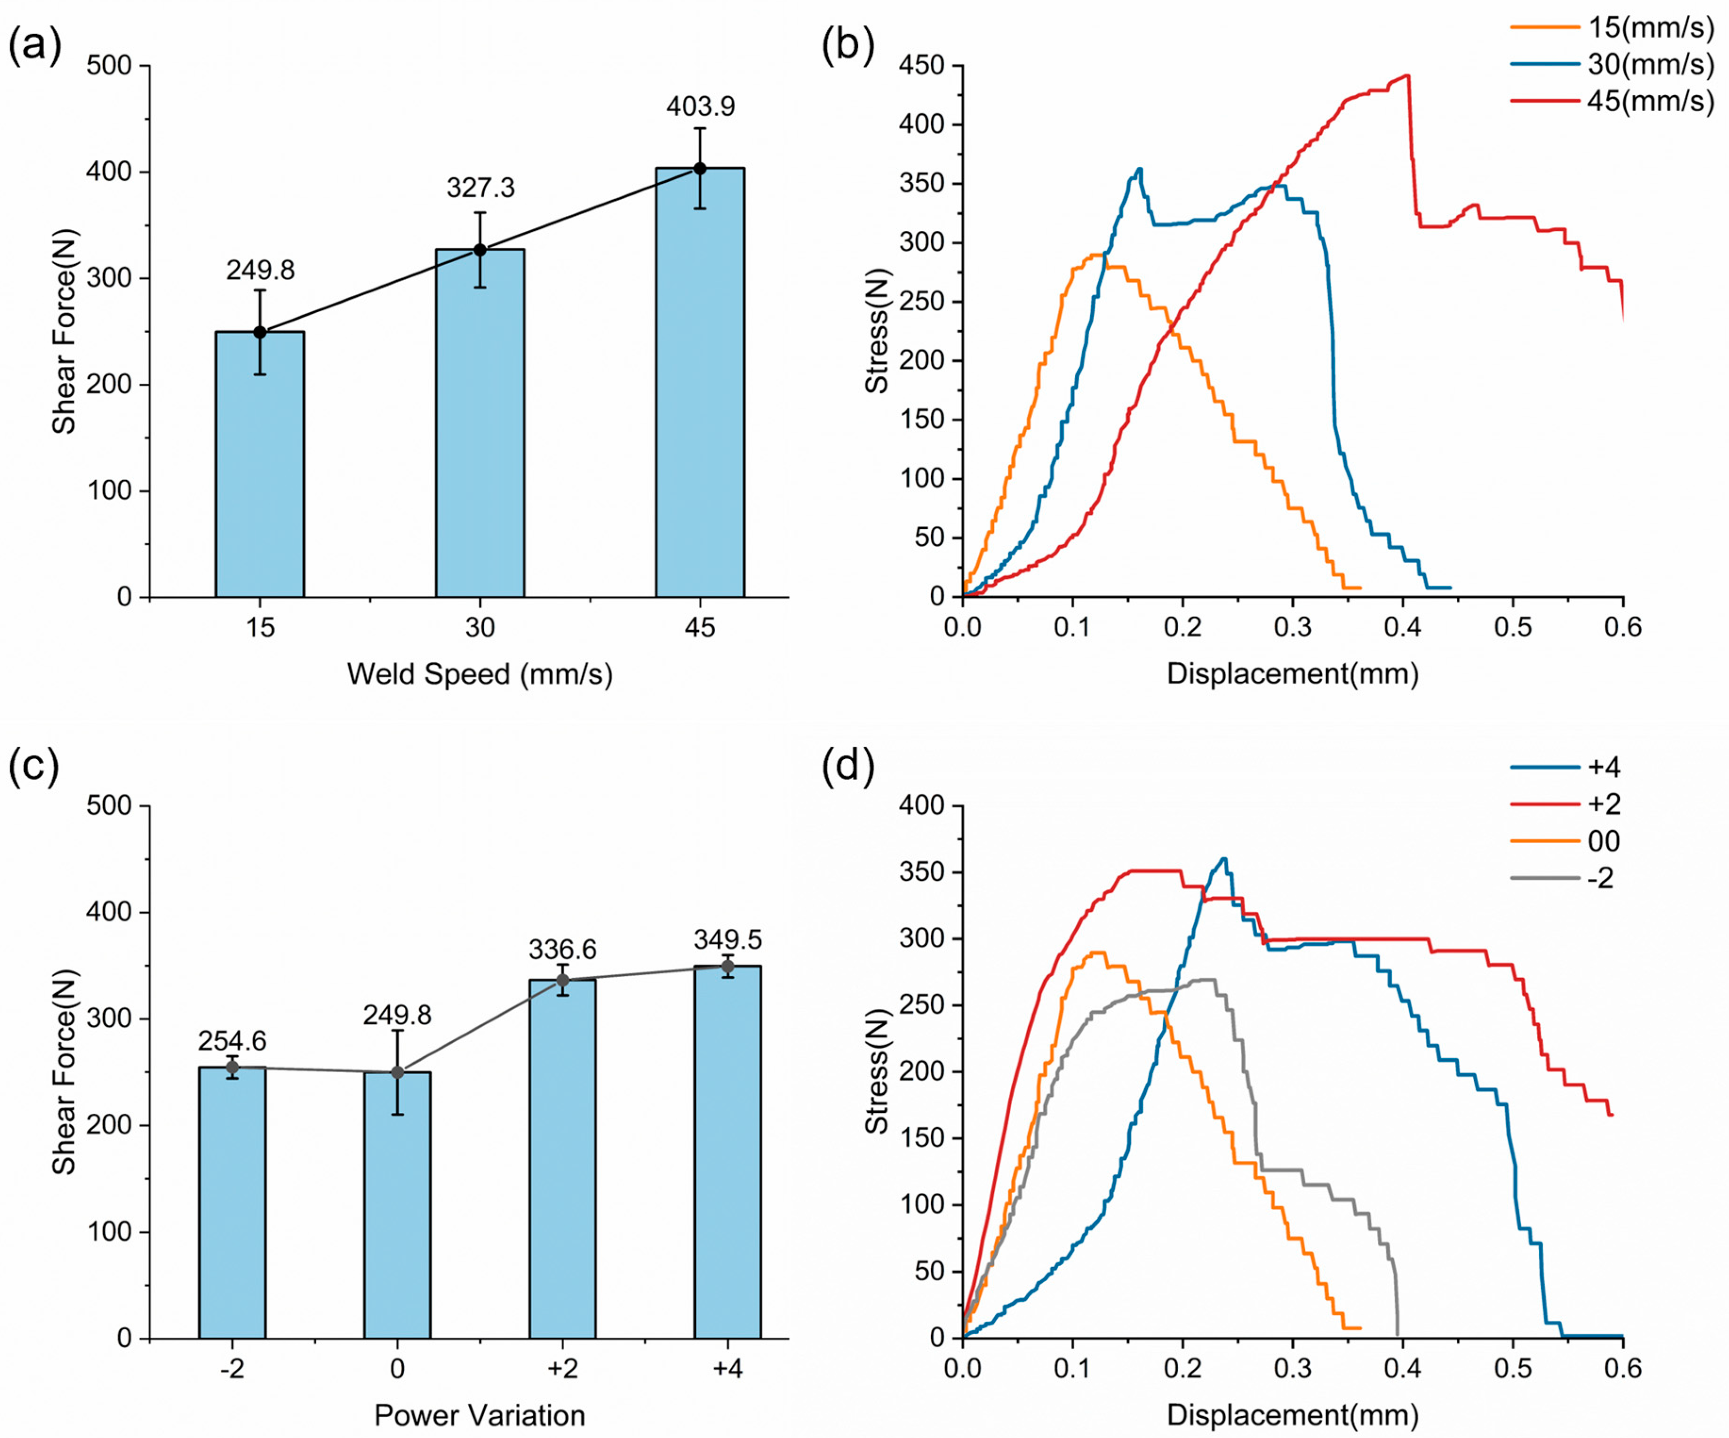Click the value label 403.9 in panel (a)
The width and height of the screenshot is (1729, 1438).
700,106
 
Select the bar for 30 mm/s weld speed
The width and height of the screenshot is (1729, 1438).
480,422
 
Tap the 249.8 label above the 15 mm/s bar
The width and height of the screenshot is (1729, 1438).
260,270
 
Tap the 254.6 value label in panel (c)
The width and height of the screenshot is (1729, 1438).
232,1041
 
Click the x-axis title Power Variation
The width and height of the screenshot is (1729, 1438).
480,1415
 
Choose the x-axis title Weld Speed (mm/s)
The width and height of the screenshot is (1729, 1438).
480,674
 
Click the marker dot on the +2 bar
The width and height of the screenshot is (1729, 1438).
562,980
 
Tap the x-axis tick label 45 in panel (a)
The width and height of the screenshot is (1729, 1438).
700,628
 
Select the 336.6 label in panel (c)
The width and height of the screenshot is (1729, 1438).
562,949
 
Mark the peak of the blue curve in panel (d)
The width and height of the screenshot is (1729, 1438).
1224,858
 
